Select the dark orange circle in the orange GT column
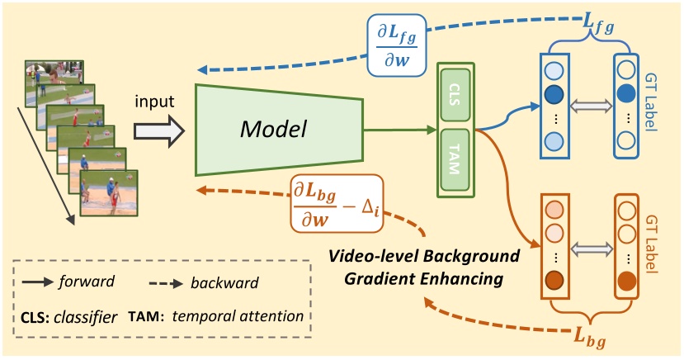coord(628,282)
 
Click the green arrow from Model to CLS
coord(396,129)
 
